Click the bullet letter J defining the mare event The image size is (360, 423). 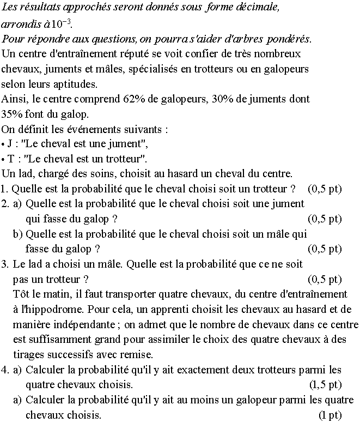point(10,144)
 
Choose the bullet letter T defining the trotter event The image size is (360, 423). point(11,159)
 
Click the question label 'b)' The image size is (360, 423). point(19,234)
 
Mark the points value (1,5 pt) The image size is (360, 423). point(325,384)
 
